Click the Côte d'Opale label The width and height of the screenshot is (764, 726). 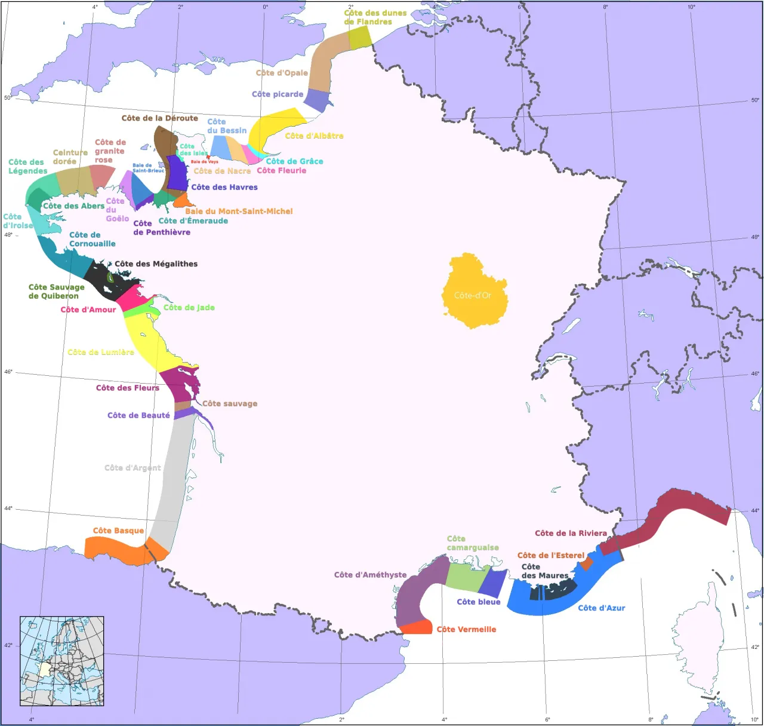pos(282,73)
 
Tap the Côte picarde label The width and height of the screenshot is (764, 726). pos(278,94)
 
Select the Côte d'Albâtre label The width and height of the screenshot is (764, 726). pos(314,136)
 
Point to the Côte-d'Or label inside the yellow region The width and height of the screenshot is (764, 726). pos(472,295)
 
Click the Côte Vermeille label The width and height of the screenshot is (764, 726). pos(466,629)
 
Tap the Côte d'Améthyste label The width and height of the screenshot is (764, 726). pos(370,575)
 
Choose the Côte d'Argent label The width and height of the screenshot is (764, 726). pos(133,468)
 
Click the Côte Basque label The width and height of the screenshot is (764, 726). pos(118,531)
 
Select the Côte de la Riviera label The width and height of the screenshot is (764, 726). pos(571,533)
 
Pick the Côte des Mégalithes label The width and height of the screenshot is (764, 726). pos(156,264)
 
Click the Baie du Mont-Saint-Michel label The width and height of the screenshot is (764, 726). pos(239,211)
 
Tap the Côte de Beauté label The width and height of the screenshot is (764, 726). pos(138,415)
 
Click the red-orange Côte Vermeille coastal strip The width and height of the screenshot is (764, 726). pos(416,627)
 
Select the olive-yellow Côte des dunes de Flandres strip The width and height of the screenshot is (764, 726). pos(359,38)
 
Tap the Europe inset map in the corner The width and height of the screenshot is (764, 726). pos(62,661)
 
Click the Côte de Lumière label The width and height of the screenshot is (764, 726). pos(101,352)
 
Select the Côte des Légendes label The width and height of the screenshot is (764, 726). pos(27,166)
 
